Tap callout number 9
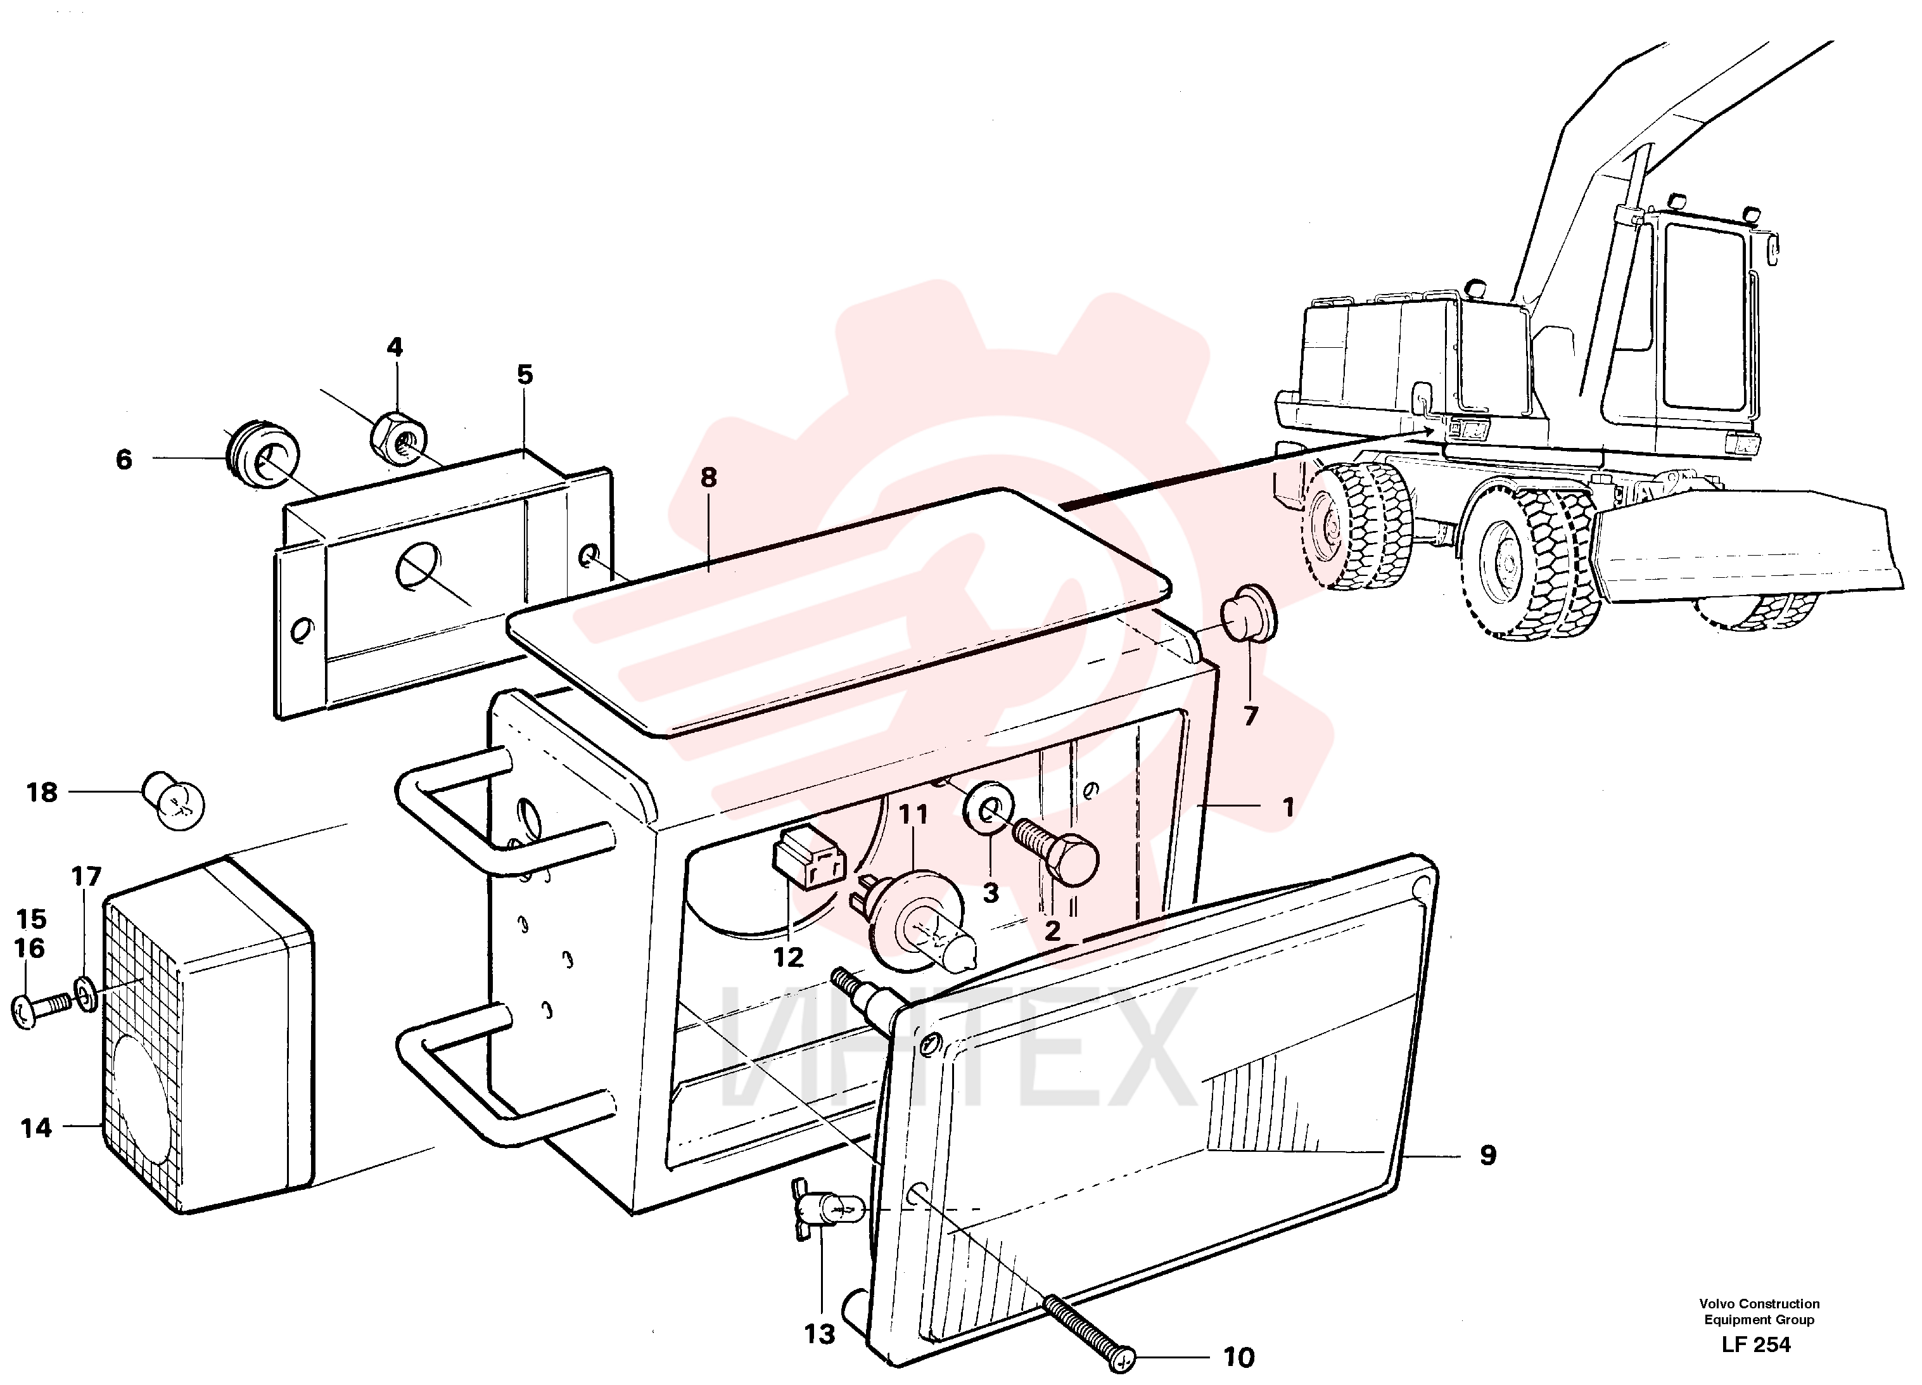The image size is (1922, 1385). (1487, 1154)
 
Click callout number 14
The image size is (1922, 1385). (35, 1127)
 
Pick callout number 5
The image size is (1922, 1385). (525, 374)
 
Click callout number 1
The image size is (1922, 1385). (1288, 807)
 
